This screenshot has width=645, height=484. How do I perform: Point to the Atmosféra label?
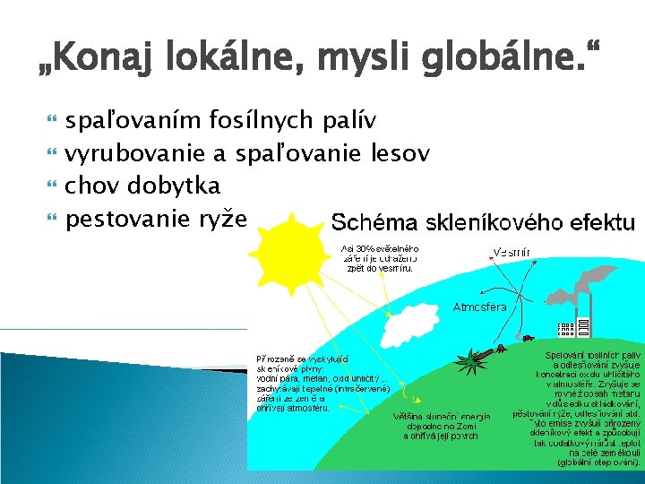[x=480, y=306]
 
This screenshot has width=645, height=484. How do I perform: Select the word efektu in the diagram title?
[x=599, y=221]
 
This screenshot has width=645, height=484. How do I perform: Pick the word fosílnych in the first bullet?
[x=254, y=119]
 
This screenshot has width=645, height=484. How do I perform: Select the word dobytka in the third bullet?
[x=174, y=186]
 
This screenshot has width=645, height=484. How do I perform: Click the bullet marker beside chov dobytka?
[x=50, y=186]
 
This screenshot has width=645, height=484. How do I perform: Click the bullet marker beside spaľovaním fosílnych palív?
[x=50, y=120]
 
